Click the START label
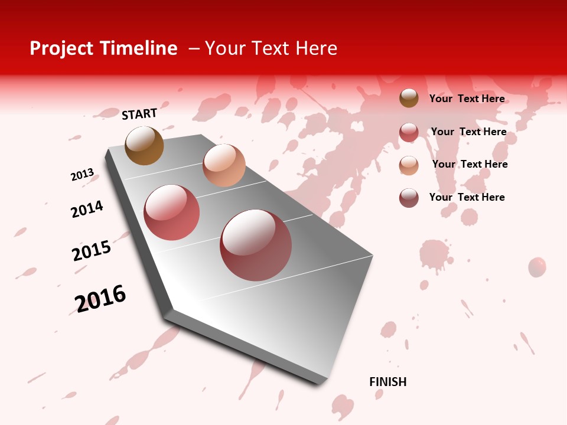point(139,114)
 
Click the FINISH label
point(387,382)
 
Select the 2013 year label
point(82,175)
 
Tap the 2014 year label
point(87,209)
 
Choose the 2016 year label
point(100,298)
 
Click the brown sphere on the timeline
point(144,145)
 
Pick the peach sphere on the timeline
point(224,165)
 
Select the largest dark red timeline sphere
point(256,244)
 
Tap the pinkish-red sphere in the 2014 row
point(172,212)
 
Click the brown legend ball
point(409,98)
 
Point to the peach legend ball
point(409,165)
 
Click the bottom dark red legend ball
point(409,198)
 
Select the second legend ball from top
point(409,132)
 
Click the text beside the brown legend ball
point(467,99)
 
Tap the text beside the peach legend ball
point(470,164)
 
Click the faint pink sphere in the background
point(537,267)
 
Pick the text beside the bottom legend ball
point(467,197)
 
